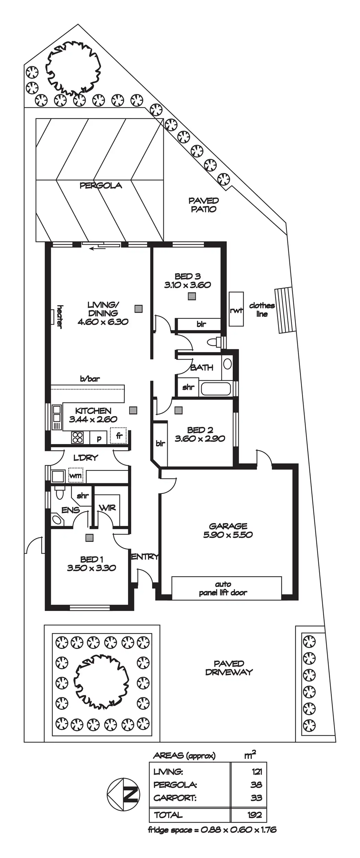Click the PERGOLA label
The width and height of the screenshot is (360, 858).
[x=101, y=186]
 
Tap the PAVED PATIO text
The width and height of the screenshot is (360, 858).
[x=204, y=205]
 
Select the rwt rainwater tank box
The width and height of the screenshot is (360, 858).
[x=236, y=309]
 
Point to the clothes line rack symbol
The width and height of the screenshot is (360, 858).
[x=284, y=310]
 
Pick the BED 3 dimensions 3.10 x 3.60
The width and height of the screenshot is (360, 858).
[x=187, y=285]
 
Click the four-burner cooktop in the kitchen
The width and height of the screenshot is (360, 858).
[x=78, y=437]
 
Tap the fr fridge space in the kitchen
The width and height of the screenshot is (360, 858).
[x=119, y=436]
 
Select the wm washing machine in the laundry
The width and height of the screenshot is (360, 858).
[x=76, y=476]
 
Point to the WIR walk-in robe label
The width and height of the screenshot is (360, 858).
[x=107, y=508]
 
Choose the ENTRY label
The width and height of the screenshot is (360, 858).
[x=145, y=557]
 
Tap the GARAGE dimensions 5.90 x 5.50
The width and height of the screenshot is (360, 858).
[x=228, y=535]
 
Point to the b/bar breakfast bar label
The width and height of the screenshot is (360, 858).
[x=90, y=379]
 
